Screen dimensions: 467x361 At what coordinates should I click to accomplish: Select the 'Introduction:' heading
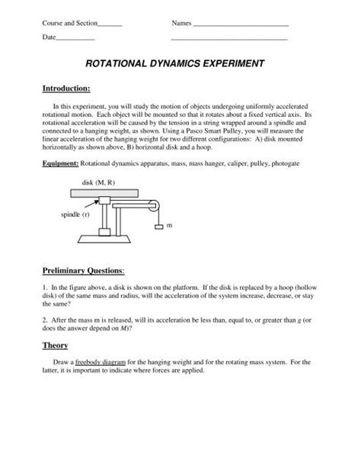pos(66,89)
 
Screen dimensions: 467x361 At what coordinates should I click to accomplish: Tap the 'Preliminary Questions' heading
pos(84,271)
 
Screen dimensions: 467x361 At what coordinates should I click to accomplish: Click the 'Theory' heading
pos(56,345)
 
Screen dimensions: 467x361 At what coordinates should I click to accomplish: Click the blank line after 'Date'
pos(75,38)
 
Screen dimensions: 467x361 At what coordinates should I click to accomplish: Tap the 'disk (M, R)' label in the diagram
pos(97,183)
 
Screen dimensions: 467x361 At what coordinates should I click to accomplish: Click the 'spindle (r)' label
pos(75,216)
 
